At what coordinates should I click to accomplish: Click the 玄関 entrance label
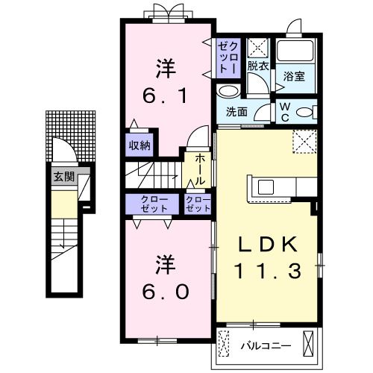[63, 177]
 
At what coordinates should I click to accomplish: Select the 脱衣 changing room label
[258, 66]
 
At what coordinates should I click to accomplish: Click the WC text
[285, 110]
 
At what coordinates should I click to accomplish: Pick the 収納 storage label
[140, 145]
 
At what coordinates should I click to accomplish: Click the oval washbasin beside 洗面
[230, 92]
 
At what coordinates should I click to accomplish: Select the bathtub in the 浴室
[296, 53]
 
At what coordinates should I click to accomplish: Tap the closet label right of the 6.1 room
[228, 56]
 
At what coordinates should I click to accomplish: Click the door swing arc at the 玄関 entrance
[63, 153]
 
